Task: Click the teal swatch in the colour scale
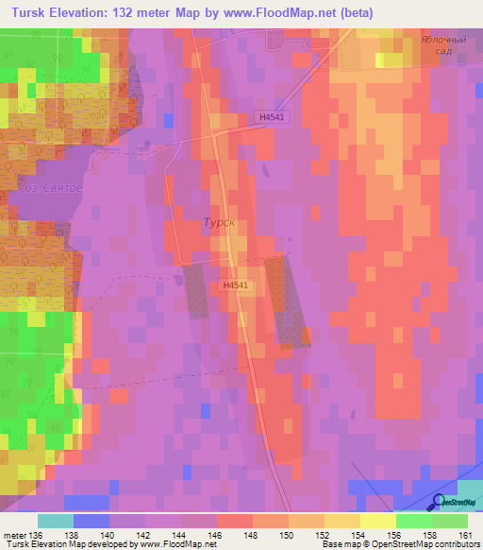[x=55, y=520]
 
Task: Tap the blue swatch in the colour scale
[x=91, y=520]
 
